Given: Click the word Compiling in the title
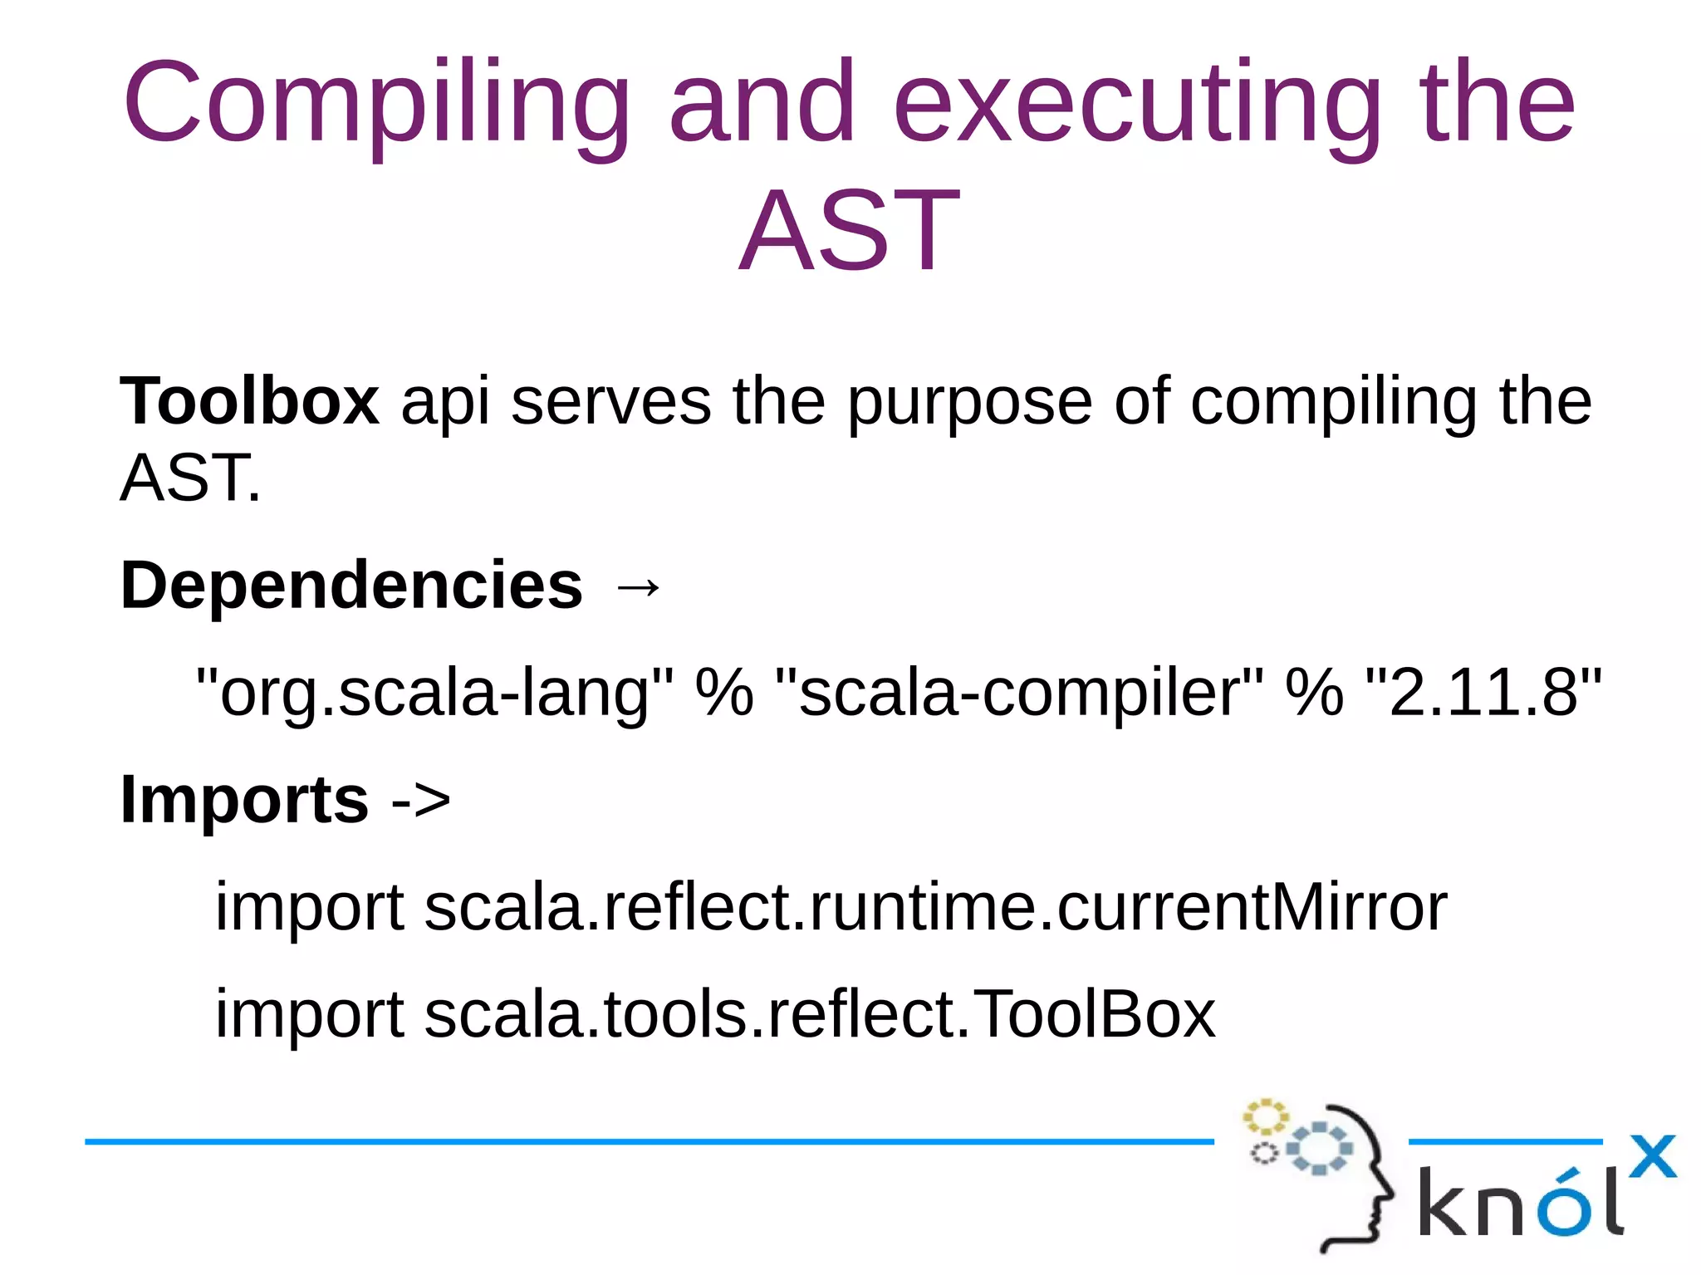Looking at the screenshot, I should [375, 104].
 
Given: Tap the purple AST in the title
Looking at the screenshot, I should [849, 231].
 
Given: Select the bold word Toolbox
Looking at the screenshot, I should [249, 401].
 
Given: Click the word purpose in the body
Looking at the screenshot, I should [968, 403].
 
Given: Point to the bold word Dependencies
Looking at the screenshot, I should [351, 586].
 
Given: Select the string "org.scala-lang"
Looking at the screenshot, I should [434, 692].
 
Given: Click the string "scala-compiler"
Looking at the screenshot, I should [1018, 692].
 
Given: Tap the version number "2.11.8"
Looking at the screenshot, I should [1483, 692].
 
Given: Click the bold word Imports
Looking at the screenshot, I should [244, 800].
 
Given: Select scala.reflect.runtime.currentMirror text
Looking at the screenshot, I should [935, 907].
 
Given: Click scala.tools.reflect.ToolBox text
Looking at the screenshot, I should [819, 1014].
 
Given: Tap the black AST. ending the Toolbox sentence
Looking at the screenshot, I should [190, 478].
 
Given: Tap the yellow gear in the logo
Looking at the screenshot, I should [1264, 1118].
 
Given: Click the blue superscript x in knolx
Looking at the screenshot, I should [1652, 1156].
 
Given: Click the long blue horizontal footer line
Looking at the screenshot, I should [648, 1142].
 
